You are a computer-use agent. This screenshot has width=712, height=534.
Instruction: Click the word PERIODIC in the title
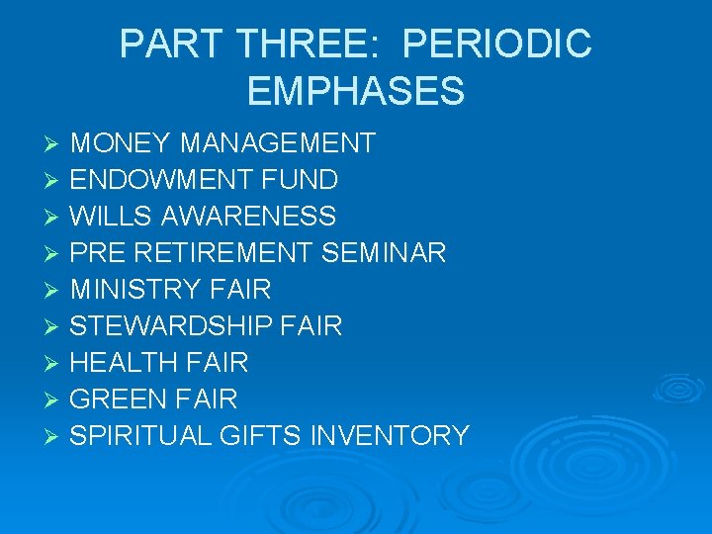tap(498, 44)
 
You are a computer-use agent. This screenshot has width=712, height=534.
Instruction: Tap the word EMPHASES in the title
tap(356, 90)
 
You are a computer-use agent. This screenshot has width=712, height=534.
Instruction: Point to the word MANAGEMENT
tap(278, 143)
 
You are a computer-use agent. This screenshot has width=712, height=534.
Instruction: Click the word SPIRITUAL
tap(139, 436)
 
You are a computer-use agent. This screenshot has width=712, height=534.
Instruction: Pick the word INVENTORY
tap(390, 436)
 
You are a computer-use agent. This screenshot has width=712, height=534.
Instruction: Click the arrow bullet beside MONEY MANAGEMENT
tap(54, 144)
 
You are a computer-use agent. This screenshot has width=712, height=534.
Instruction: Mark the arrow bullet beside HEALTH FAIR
tap(54, 364)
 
